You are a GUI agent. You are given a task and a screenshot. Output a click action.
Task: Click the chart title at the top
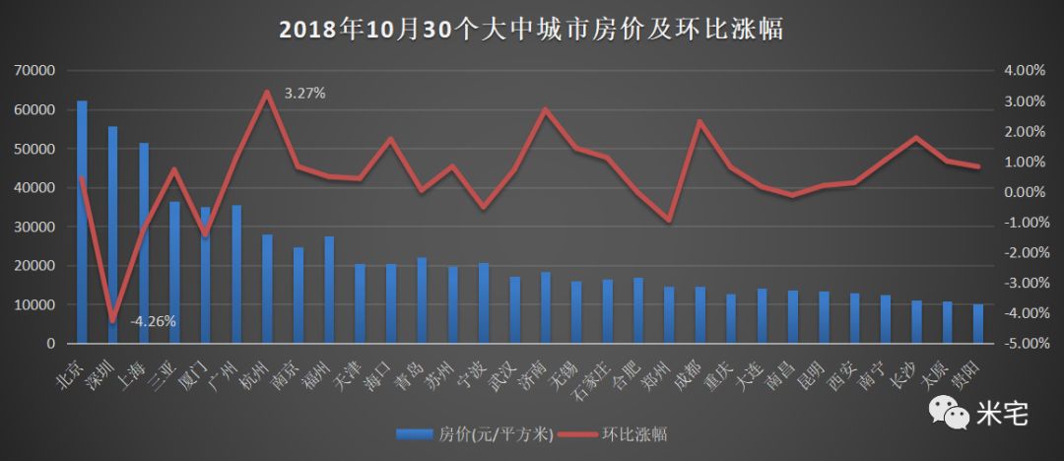[x=531, y=30]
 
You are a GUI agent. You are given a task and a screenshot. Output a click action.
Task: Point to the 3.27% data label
[x=304, y=93]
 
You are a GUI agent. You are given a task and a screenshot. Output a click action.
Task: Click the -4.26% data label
[x=153, y=320]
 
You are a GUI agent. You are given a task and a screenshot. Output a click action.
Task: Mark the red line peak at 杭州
[x=267, y=92]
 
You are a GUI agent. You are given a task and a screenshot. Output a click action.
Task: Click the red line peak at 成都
[x=699, y=121]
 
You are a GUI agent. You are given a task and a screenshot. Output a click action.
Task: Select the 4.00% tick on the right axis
[x=1022, y=71]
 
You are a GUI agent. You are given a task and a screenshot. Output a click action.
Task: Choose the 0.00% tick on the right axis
[x=1022, y=192]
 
